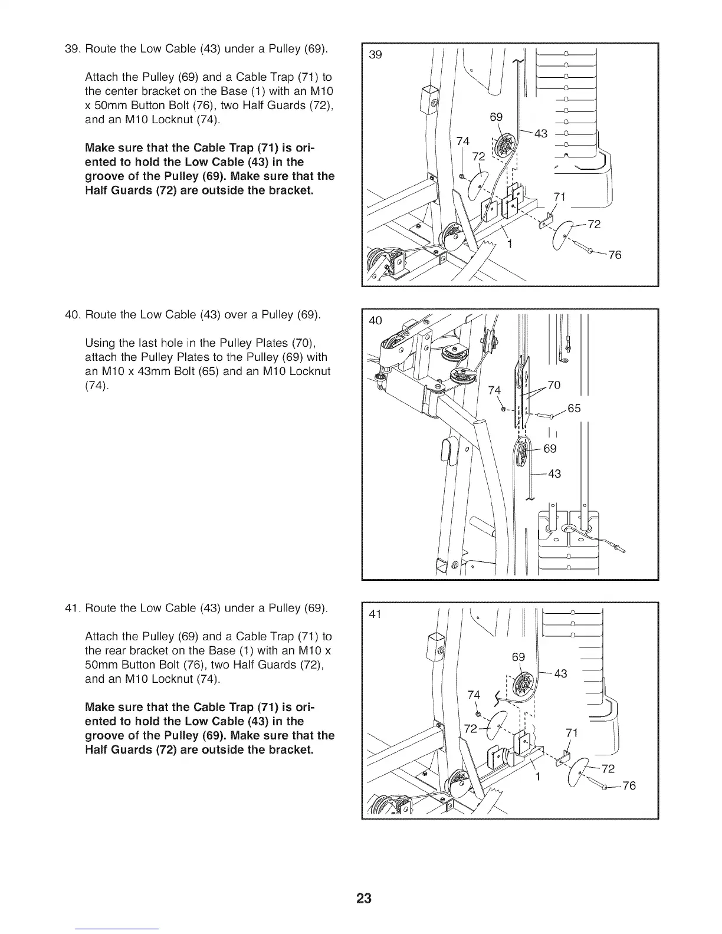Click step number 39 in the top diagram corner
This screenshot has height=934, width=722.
(375, 55)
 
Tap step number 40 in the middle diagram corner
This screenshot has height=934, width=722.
(375, 320)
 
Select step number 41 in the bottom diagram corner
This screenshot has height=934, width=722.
(375, 614)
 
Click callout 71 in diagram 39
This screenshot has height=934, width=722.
(559, 196)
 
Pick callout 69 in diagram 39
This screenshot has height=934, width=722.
(497, 117)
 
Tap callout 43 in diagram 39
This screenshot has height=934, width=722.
(540, 134)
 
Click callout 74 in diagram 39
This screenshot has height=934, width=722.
(463, 141)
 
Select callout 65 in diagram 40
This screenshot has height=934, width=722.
(574, 408)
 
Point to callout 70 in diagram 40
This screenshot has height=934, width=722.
(554, 386)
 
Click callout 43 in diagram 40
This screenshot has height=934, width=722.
(554, 473)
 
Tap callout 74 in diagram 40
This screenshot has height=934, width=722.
(494, 390)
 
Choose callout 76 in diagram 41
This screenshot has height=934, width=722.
(629, 785)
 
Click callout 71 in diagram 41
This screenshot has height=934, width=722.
(571, 733)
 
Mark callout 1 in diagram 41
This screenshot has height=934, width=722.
(538, 777)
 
